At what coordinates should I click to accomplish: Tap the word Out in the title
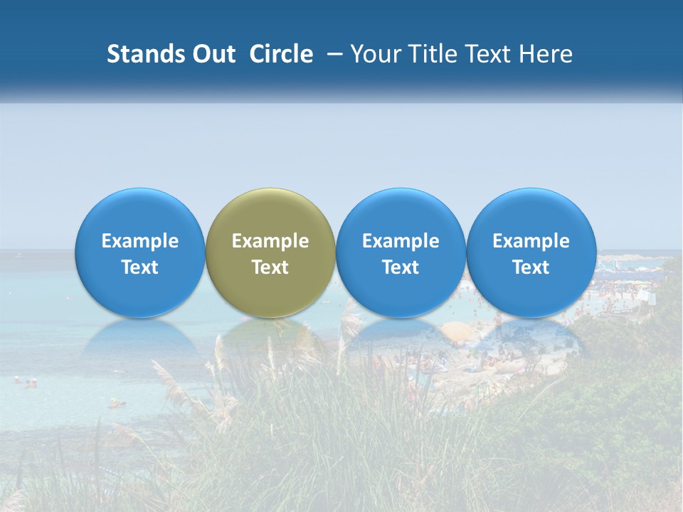click(x=212, y=54)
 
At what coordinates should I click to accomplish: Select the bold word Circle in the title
click(x=281, y=54)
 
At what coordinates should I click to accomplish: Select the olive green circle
click(x=270, y=252)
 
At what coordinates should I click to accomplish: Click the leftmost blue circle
click(x=140, y=252)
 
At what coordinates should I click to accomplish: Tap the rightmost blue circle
click(x=531, y=252)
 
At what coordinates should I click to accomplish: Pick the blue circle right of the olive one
click(x=401, y=252)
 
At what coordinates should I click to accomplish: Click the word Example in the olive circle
click(x=270, y=241)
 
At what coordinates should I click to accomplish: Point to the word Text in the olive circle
click(x=270, y=267)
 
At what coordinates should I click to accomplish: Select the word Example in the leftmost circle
click(x=140, y=241)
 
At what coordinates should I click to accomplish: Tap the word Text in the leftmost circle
click(x=140, y=267)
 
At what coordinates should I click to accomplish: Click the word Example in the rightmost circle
click(x=531, y=241)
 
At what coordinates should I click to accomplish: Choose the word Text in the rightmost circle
click(x=531, y=267)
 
